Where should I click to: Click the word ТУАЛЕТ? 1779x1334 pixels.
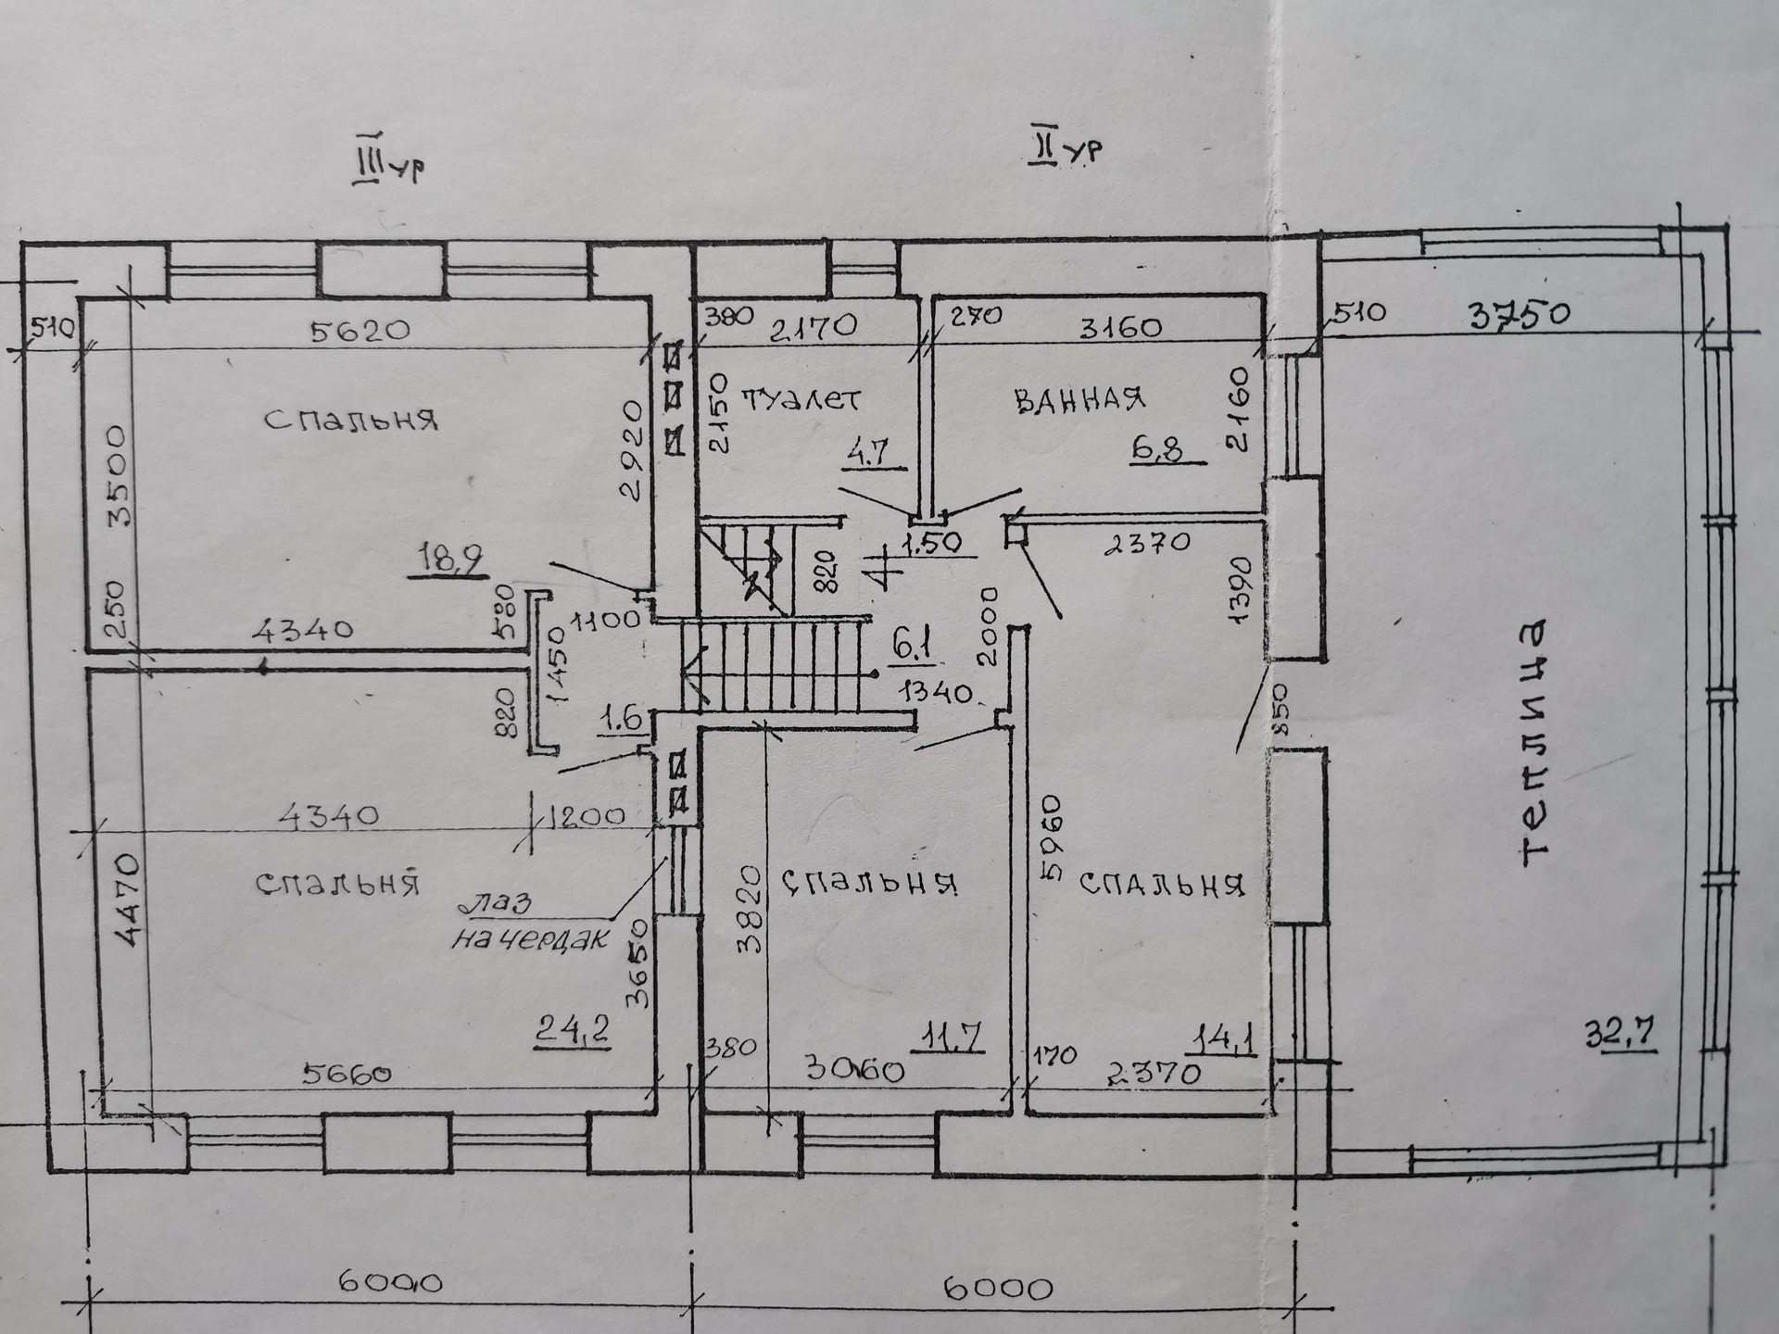tap(802, 400)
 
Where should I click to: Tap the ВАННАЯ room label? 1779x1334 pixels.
tap(1080, 400)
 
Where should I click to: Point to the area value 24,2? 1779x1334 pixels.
tap(572, 1029)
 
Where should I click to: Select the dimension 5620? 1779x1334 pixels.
tap(360, 331)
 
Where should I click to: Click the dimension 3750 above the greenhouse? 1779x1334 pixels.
tap(1520, 316)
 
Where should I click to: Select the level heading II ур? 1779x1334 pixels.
tap(1066, 148)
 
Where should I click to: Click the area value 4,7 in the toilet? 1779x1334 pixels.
tap(871, 453)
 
